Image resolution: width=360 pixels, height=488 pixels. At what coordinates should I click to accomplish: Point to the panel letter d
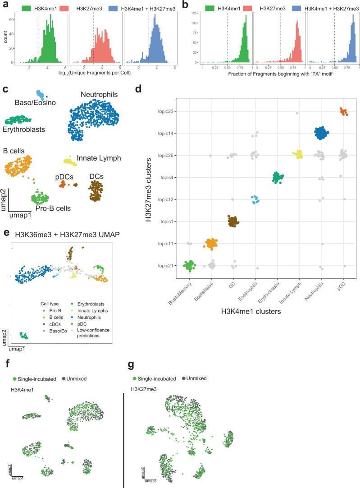(139, 87)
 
